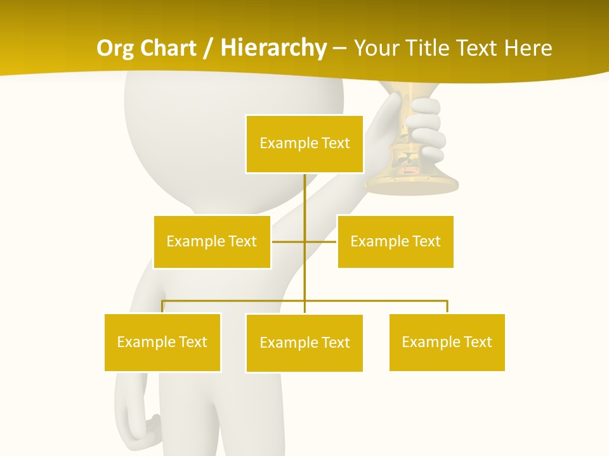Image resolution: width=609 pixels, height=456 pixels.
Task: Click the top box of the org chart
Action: coord(304,144)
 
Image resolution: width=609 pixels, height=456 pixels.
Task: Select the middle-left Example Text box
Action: coord(212,241)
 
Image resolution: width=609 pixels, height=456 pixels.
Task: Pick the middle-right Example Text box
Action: coord(395,241)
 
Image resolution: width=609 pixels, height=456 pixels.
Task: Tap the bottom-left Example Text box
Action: coord(162,342)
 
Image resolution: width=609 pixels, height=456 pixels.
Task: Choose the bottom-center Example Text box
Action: coord(304,343)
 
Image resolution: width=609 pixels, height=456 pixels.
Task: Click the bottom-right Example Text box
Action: coord(447,342)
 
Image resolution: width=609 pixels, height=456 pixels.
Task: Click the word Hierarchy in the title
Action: coord(273,48)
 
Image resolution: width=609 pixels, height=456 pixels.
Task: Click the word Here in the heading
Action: coord(528,48)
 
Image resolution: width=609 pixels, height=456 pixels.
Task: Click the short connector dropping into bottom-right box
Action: coord(447,307)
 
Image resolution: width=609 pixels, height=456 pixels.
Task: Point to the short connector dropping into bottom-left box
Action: coord(162,307)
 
